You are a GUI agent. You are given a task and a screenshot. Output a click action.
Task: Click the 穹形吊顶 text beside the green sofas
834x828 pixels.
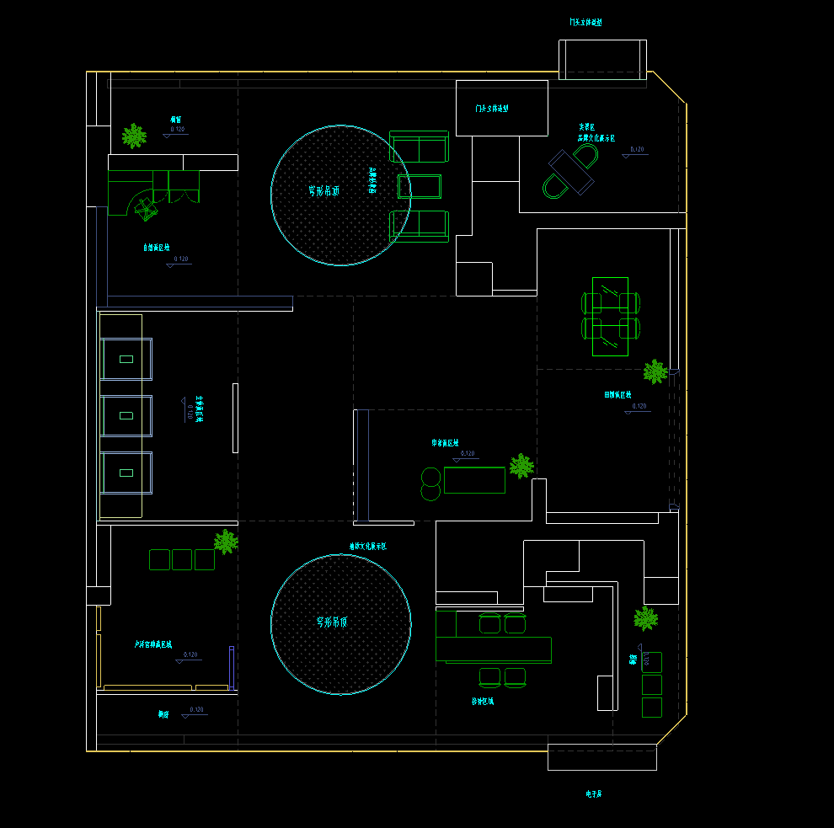coord(323,191)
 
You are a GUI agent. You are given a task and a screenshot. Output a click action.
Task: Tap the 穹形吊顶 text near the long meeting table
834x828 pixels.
coord(332,622)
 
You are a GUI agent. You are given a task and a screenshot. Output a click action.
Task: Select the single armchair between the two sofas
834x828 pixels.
coord(420,186)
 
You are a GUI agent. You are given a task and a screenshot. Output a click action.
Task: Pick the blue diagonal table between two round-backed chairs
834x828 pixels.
coord(570,171)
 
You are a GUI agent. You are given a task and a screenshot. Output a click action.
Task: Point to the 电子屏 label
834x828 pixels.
coord(594,793)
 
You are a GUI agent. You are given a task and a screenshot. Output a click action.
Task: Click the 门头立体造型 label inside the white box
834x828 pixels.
coord(492,109)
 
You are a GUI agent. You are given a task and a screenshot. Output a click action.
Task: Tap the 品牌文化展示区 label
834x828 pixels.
coord(596,137)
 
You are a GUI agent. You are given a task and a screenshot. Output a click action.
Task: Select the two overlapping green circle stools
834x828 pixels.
coord(430,483)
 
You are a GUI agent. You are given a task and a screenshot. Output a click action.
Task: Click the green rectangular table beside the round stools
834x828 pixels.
coord(474,480)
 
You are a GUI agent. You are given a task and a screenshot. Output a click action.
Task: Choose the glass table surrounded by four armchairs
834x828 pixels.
coord(610,316)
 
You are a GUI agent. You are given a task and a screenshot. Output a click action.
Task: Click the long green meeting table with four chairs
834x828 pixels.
coord(494,650)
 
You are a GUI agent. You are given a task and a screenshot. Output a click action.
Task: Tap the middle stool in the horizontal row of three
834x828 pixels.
coord(182,559)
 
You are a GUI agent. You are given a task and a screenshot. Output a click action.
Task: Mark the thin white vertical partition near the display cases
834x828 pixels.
coord(235,417)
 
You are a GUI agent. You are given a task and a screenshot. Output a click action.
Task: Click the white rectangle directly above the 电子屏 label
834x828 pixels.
coord(601,757)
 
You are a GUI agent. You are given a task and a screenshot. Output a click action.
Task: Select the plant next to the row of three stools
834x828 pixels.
coord(226,541)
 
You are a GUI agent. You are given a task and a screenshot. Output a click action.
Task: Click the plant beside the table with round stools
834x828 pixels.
coord(521,466)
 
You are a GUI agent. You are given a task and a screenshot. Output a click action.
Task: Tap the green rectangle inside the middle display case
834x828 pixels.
coord(126,415)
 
